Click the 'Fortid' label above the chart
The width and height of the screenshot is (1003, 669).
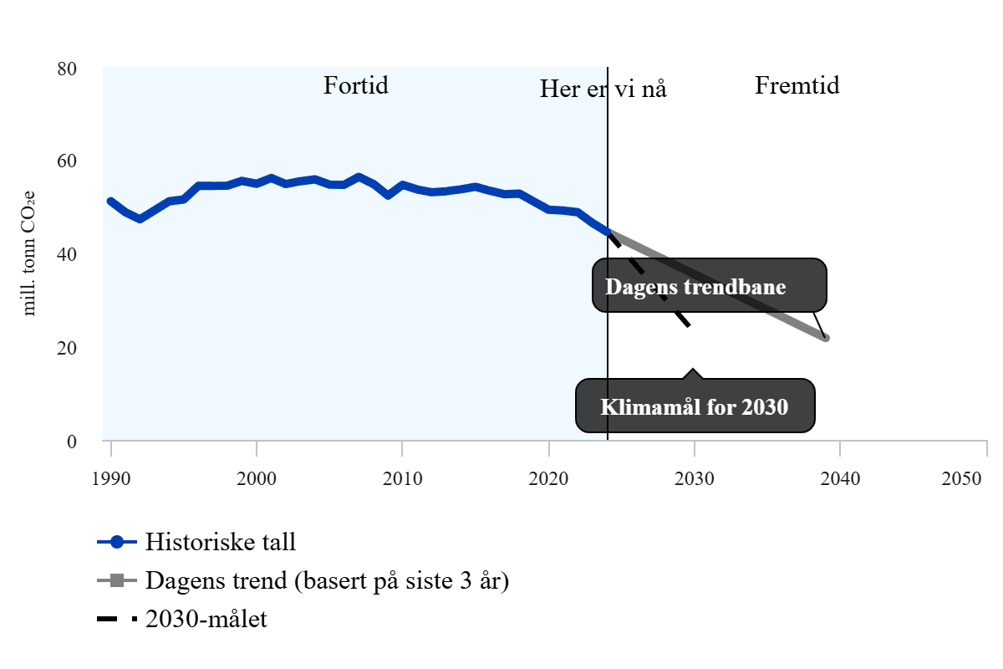(356, 85)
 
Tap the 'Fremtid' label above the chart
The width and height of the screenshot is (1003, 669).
(797, 85)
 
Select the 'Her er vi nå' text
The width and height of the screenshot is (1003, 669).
(603, 89)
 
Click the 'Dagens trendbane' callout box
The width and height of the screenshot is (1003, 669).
(710, 286)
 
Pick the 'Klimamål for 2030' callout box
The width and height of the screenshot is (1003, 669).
(695, 407)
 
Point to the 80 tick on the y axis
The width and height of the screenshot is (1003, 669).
(67, 68)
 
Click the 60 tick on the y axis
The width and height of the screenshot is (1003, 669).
(67, 161)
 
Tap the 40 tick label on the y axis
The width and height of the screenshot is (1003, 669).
(67, 254)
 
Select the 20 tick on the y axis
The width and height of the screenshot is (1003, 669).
(67, 348)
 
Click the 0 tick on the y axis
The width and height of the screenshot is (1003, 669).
(72, 442)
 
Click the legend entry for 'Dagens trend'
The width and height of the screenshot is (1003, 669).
(327, 580)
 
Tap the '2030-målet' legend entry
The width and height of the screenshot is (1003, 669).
(206, 620)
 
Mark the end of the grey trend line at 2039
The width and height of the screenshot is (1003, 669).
(825, 338)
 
